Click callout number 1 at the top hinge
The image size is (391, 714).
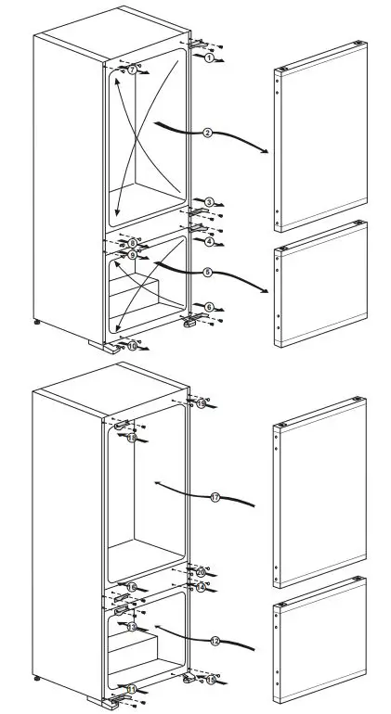210,57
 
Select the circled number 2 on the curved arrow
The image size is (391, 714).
207,134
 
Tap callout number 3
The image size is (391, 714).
210,202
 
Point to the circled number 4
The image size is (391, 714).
210,241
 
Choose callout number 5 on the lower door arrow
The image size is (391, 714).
207,273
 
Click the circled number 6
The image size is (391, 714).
210,307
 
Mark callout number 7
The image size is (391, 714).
132,70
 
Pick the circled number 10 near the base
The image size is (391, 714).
133,346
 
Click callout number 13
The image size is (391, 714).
131,628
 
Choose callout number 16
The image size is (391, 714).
132,588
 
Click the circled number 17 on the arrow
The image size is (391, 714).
215,498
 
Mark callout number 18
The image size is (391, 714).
131,438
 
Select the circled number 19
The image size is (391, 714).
201,404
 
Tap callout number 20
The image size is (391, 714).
201,572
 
